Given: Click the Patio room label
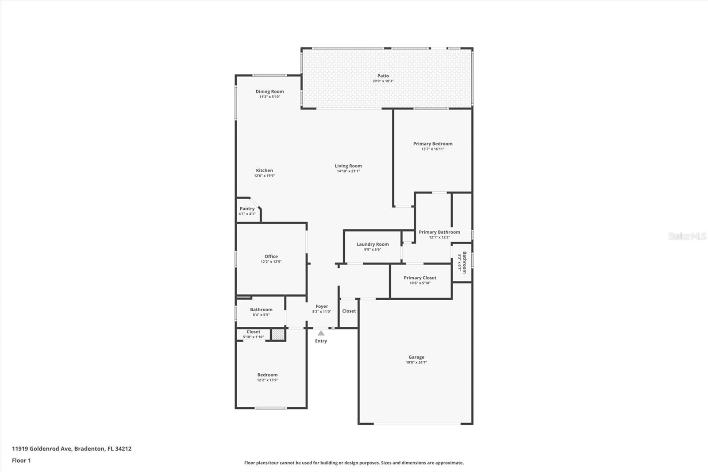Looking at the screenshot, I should (x=383, y=76).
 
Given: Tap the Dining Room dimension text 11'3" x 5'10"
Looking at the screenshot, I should (x=269, y=97).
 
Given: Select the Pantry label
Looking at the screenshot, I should (x=247, y=209).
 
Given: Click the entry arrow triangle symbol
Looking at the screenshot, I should (x=321, y=333).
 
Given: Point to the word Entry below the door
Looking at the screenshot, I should (x=321, y=341).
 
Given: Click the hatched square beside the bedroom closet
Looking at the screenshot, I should (x=277, y=335).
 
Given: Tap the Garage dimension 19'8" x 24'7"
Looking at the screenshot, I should (x=416, y=362).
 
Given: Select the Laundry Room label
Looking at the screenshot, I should (x=373, y=244).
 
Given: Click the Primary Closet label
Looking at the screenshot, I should (x=420, y=278).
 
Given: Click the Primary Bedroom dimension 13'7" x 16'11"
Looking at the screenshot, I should (x=433, y=149).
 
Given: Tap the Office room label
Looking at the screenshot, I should (x=271, y=256).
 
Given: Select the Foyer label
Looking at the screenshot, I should (x=322, y=306).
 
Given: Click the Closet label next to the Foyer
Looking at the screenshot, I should (x=349, y=311).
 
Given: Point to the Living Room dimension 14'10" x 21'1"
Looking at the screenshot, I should (x=348, y=171).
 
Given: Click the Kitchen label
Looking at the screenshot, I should (x=265, y=170).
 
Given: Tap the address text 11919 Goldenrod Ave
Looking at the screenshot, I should (x=42, y=449).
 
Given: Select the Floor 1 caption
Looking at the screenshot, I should (x=21, y=460).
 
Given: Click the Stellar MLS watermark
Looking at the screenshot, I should (x=687, y=236).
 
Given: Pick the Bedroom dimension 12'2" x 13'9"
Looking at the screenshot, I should (x=267, y=380).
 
